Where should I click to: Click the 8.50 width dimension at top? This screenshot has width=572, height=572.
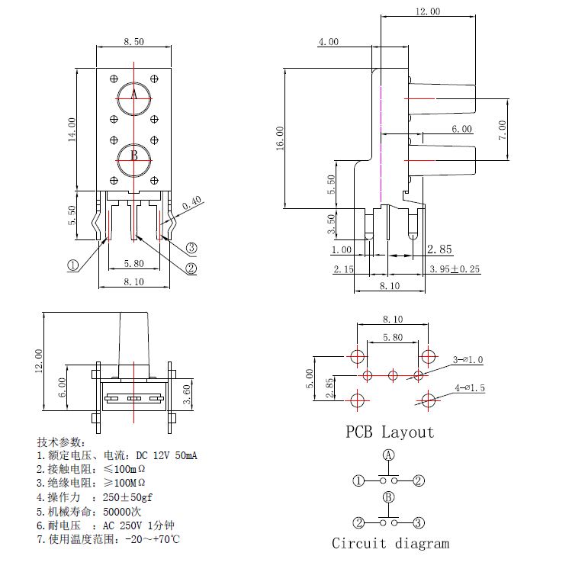(133, 43)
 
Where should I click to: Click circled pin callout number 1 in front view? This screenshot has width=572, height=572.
(73, 265)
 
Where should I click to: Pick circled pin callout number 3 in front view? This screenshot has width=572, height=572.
(191, 247)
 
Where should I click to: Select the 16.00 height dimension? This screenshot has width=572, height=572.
(280, 137)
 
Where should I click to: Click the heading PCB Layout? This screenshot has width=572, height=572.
(390, 432)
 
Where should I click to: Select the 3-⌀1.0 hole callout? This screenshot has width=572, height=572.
(468, 359)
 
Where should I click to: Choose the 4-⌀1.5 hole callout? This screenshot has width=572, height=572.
(469, 389)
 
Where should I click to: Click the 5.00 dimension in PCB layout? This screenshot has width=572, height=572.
(309, 378)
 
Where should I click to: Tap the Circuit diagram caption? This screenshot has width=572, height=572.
(390, 544)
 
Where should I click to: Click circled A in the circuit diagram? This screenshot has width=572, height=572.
(389, 455)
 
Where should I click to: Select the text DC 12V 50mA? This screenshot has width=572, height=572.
(167, 455)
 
